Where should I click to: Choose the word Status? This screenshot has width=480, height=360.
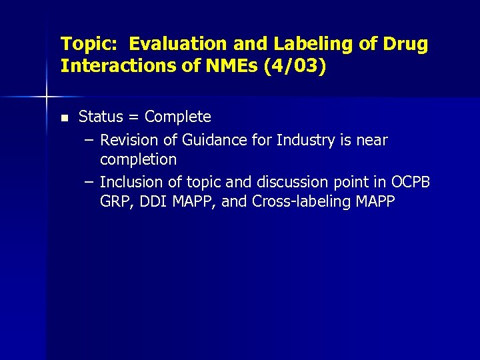click(x=101, y=117)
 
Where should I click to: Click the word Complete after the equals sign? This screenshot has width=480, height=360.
click(x=177, y=117)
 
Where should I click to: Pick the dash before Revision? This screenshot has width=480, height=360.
click(x=89, y=140)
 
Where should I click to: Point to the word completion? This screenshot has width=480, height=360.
click(x=138, y=160)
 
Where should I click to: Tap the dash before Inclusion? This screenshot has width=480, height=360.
click(x=89, y=182)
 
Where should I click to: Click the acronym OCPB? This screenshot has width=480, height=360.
click(x=411, y=182)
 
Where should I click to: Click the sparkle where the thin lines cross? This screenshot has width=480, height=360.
click(x=47, y=97)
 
